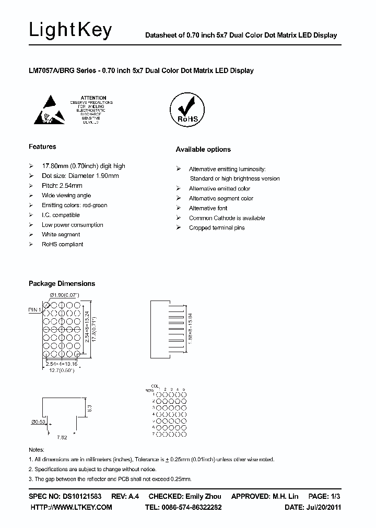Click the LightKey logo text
[x=70, y=31]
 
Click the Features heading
[x=42, y=147]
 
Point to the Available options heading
[x=203, y=149]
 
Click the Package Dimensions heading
[x=62, y=283]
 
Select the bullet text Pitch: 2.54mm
[x=62, y=186]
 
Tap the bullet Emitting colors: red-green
[x=74, y=205]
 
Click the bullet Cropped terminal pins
[x=217, y=228]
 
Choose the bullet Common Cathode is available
[x=227, y=218]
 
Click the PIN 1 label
[x=36, y=310]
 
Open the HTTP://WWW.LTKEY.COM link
[x=72, y=507]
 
